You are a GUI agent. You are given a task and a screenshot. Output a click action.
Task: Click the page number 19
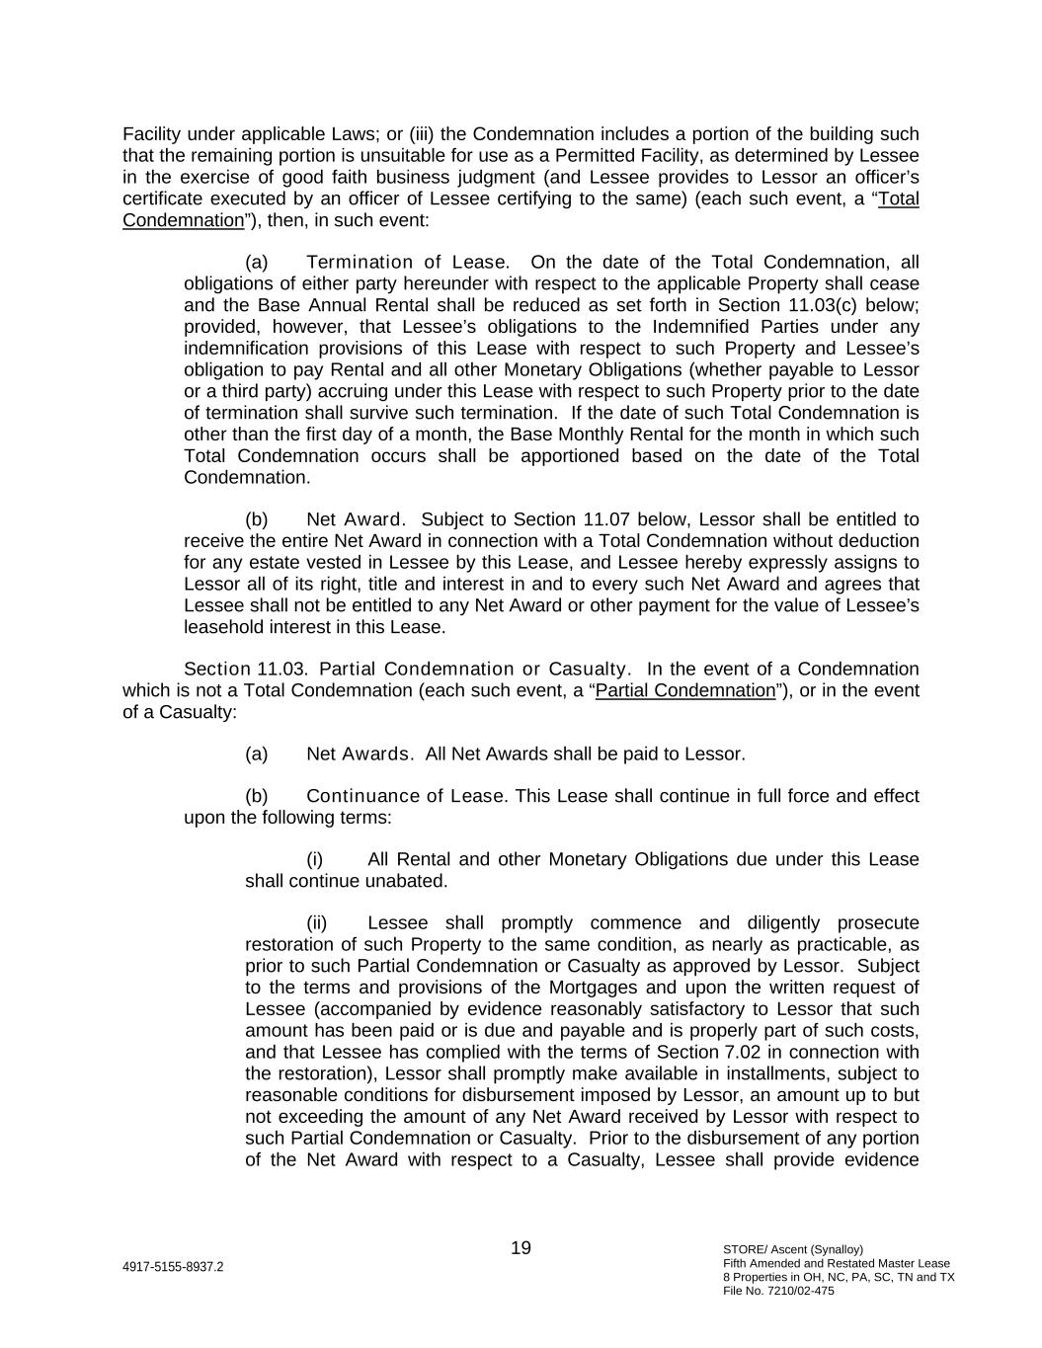(x=521, y=1248)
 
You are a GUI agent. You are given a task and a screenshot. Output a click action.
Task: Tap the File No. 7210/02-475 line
(x=778, y=1291)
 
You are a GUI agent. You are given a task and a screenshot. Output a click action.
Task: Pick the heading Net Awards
(x=360, y=754)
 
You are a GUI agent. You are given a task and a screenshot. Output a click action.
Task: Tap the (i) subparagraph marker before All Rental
(x=316, y=859)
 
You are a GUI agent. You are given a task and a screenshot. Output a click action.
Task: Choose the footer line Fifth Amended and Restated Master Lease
(x=836, y=1263)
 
